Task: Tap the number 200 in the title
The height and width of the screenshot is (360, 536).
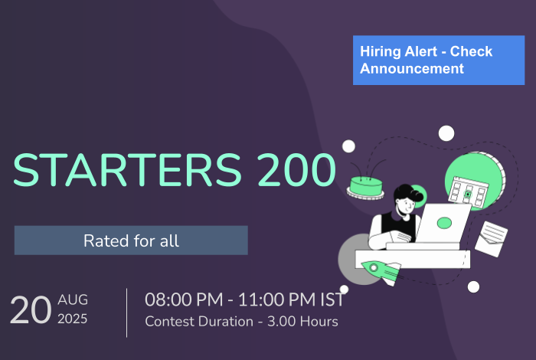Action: tap(297, 170)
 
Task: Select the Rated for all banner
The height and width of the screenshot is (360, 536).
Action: tap(131, 240)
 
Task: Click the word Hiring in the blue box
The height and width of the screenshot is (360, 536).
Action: tap(380, 52)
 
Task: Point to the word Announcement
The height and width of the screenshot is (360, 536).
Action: tap(412, 68)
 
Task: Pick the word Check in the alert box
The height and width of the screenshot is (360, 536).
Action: tap(471, 51)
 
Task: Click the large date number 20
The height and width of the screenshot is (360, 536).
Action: tap(31, 309)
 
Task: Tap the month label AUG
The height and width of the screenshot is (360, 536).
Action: tap(73, 299)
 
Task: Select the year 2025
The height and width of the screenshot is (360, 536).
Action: tap(73, 319)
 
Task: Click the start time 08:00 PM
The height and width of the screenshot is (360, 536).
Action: tap(184, 299)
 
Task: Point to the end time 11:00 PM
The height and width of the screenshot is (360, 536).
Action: tap(276, 299)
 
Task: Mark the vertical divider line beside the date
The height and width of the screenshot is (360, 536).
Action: tap(127, 313)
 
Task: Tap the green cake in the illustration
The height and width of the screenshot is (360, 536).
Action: tap(365, 188)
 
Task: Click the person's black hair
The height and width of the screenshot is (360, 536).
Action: tap(408, 193)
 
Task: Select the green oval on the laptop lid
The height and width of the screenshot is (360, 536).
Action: tap(444, 223)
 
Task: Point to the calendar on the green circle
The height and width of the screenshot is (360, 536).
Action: tap(469, 192)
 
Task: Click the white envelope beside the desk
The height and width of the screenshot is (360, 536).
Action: tap(492, 239)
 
